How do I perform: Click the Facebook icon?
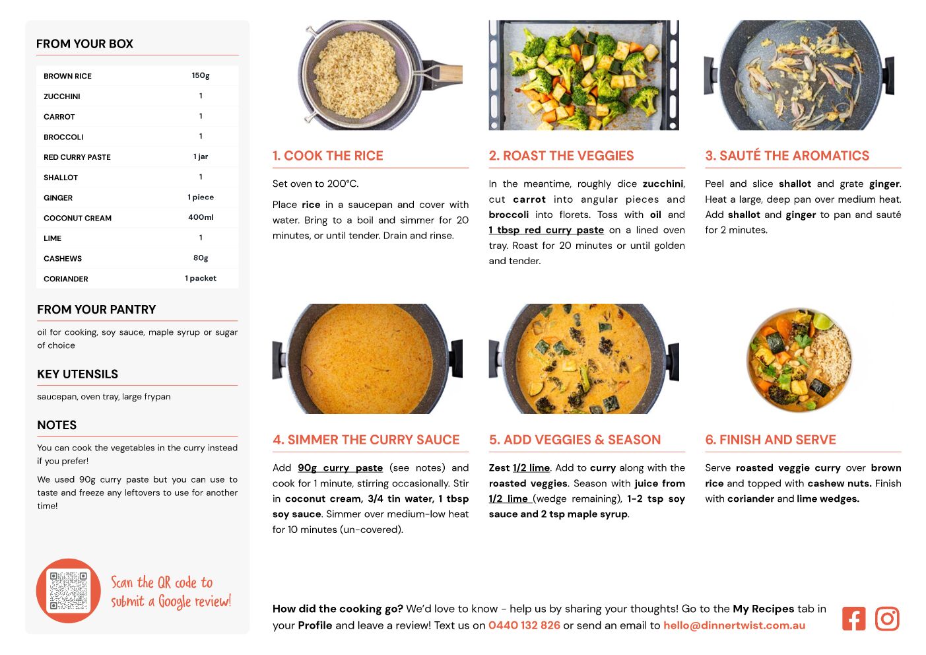click(x=853, y=618)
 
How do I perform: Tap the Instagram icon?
click(x=886, y=618)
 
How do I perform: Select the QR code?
click(x=68, y=590)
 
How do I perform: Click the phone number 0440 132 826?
click(x=524, y=625)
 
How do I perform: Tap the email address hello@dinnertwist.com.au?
click(x=734, y=625)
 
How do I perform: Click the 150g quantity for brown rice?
click(x=201, y=75)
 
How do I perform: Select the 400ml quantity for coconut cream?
click(x=201, y=217)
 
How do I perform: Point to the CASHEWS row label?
click(x=63, y=258)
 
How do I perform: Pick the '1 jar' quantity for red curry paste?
click(x=201, y=156)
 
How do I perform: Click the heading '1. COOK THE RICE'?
click(x=327, y=155)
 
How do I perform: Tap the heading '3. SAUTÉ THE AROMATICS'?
click(x=787, y=155)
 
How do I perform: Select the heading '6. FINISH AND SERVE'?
click(x=770, y=440)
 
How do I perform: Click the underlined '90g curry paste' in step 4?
click(x=340, y=467)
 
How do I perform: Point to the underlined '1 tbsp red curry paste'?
click(x=546, y=230)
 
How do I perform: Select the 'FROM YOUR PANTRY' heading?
click(x=96, y=309)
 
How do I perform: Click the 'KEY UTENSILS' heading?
click(x=77, y=374)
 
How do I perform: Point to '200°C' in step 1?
click(x=343, y=184)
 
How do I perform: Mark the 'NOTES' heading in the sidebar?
click(x=57, y=425)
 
